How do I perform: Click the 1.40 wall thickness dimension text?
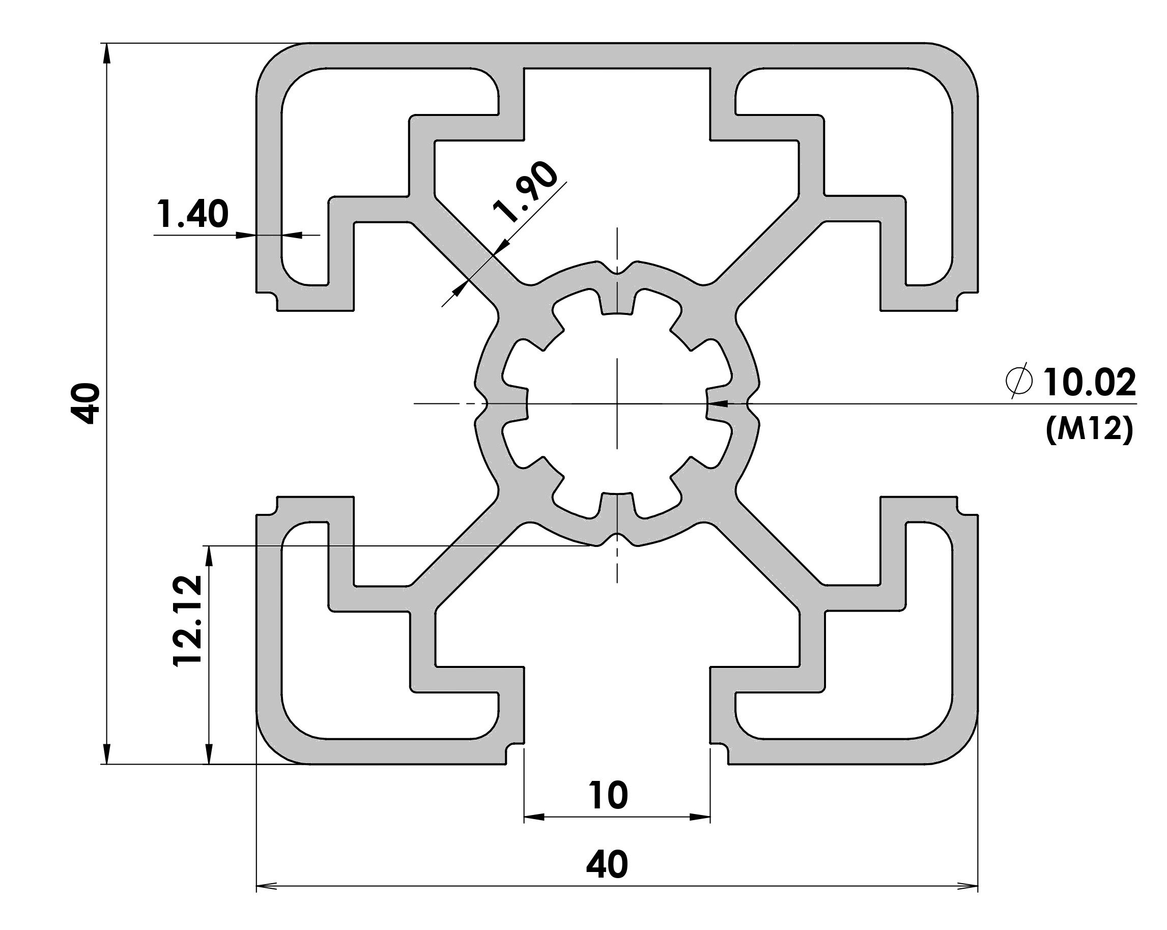[x=193, y=214]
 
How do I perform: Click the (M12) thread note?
[x=1089, y=429]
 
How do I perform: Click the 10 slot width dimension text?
[x=609, y=795]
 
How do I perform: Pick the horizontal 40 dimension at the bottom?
[x=607, y=864]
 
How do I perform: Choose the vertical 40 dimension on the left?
[x=86, y=403]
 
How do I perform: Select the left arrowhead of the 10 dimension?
[x=534, y=817]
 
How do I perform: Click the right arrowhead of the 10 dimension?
[x=700, y=817]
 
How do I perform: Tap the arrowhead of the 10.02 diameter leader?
[x=717, y=403]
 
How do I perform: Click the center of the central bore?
[x=617, y=403]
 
